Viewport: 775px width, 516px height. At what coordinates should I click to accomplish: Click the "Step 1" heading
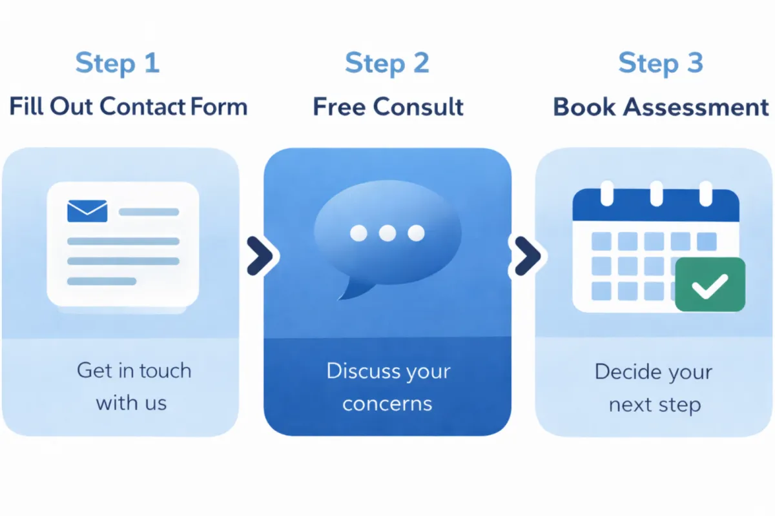(117, 63)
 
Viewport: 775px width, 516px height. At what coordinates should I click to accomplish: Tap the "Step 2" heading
(387, 63)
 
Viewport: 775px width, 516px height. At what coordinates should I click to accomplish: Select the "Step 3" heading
(660, 63)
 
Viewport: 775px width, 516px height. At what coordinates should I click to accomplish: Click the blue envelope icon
(87, 210)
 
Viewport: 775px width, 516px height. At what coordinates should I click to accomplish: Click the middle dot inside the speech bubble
(387, 233)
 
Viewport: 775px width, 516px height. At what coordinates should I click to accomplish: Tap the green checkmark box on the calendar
(710, 284)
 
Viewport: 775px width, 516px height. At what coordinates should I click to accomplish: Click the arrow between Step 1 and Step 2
(260, 256)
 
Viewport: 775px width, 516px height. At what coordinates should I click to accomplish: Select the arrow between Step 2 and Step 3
(527, 256)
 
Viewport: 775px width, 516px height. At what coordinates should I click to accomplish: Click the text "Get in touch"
(134, 370)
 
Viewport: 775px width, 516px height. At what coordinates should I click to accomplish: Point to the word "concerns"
(387, 403)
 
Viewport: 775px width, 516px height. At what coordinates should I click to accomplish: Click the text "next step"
(654, 404)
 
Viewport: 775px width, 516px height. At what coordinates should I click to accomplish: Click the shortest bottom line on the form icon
(101, 281)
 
